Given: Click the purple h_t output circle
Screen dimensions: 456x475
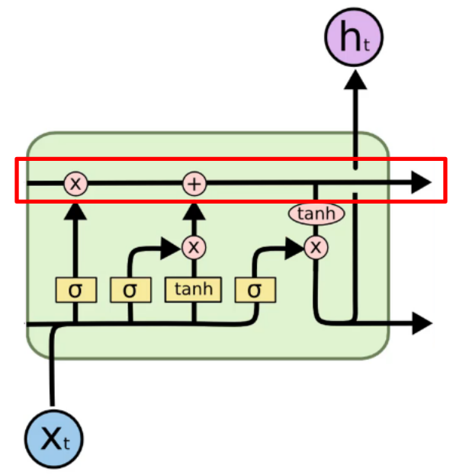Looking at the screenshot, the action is click(354, 37).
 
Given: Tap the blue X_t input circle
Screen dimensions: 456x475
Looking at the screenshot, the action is click(53, 439).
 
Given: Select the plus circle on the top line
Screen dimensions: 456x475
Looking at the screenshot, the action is click(194, 184).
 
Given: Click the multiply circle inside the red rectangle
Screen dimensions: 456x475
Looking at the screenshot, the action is click(75, 183).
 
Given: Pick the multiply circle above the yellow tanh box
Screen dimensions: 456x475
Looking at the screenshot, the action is click(194, 247).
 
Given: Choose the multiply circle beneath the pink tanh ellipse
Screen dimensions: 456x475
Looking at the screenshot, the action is click(316, 248).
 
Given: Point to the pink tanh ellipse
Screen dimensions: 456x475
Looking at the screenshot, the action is click(316, 213).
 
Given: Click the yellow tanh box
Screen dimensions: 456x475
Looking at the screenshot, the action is click(194, 289).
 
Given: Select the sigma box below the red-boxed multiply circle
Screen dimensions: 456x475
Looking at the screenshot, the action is click(76, 290).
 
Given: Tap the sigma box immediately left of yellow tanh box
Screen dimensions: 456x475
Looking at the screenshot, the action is click(130, 290).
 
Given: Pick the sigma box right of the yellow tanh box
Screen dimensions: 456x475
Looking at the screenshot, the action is click(255, 290).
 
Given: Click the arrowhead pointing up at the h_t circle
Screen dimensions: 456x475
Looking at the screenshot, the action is click(355, 79).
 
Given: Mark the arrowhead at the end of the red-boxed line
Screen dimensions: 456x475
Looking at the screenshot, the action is click(421, 182).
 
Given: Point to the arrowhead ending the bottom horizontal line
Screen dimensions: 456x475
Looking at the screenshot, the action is click(422, 323).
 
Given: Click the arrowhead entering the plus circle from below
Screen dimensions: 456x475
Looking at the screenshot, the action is click(194, 211).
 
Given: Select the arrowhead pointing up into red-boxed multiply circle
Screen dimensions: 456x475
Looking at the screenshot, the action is click(75, 211).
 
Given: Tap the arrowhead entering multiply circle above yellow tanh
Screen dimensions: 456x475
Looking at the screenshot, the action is click(171, 248).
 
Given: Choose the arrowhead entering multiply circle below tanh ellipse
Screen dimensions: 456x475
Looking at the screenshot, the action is click(294, 249).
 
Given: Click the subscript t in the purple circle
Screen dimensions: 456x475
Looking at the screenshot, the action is click(367, 45).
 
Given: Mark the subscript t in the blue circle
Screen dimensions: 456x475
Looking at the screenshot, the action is click(66, 443).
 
